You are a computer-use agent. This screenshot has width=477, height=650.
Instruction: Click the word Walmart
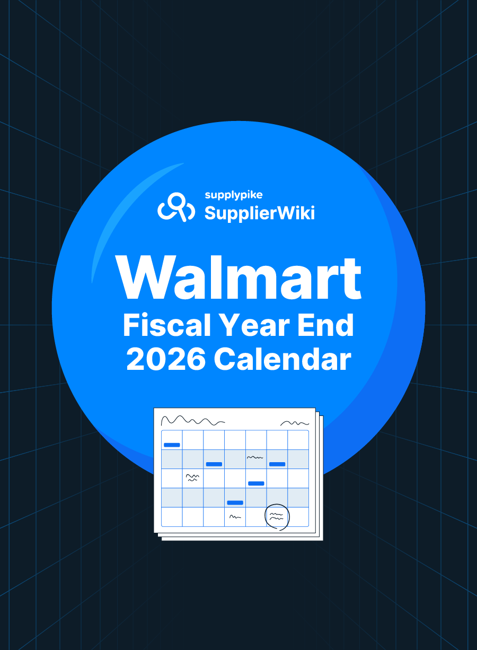coord(238,277)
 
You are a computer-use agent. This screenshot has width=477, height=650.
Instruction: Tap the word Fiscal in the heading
coord(167,325)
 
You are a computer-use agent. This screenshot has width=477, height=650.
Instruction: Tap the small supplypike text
coord(234,195)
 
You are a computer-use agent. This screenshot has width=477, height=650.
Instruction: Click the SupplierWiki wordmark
coord(260,213)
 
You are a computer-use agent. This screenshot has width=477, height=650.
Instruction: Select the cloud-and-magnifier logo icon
coord(176,207)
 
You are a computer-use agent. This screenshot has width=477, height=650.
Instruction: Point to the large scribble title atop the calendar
coord(193,420)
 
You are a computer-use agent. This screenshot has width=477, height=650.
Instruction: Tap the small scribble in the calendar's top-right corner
coord(295,423)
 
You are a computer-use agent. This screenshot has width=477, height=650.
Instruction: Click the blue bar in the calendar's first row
coord(172,445)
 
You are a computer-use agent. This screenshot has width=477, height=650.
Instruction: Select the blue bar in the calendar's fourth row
coord(235,503)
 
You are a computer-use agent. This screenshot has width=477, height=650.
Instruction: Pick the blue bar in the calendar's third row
coord(256,483)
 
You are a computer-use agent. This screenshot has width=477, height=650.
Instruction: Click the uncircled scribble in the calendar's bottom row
coord(235,517)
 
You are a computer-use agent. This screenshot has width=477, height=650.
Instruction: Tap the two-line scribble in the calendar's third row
coord(192,478)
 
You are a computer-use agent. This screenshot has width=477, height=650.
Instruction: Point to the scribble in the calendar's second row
coord(255,457)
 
